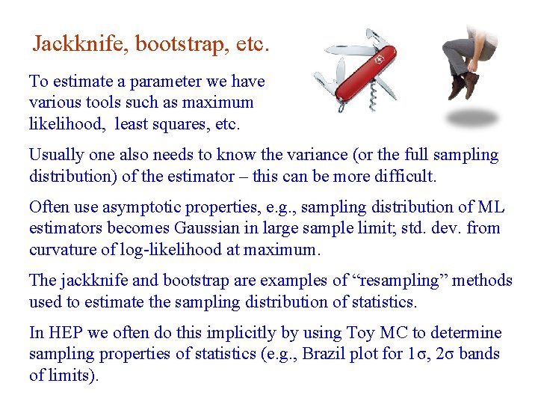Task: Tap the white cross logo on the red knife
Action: [378, 58]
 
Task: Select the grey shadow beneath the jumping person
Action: [471, 117]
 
